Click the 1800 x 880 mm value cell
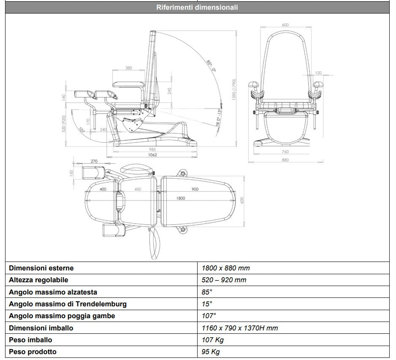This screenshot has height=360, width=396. click(226, 268)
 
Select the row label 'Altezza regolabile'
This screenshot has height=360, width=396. click(38, 280)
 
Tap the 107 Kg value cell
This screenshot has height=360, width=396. click(213, 340)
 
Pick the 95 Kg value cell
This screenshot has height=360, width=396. click(211, 352)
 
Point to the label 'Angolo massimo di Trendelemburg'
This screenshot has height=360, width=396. click(68, 304)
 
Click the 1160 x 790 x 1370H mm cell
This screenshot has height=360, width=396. click(240, 328)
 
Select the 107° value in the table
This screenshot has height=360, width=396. click(209, 316)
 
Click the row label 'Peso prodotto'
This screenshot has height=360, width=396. click(33, 352)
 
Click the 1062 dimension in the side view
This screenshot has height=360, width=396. click(152, 155)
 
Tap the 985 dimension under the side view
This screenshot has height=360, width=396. click(152, 150)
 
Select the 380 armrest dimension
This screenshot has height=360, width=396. click(129, 68)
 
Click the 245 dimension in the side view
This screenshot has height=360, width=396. click(170, 90)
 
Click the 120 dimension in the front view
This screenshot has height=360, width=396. click(318, 73)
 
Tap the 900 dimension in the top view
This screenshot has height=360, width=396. click(195, 189)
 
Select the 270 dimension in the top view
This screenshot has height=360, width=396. click(94, 161)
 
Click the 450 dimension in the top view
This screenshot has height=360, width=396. click(138, 189)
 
